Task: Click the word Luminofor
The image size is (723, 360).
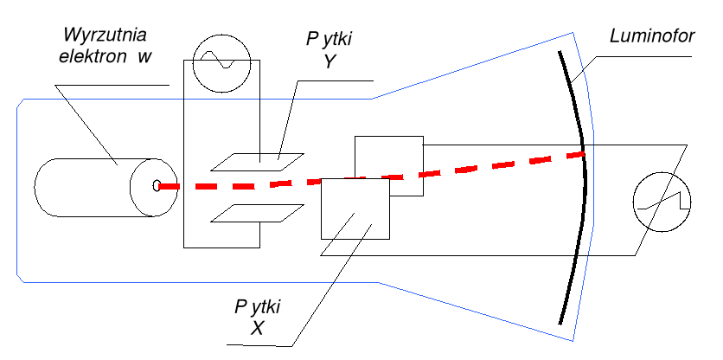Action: click(649, 39)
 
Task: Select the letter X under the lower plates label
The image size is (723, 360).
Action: click(257, 329)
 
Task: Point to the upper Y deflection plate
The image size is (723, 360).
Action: click(258, 159)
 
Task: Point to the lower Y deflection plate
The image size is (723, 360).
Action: click(258, 213)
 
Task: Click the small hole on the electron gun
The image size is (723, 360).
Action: click(157, 185)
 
